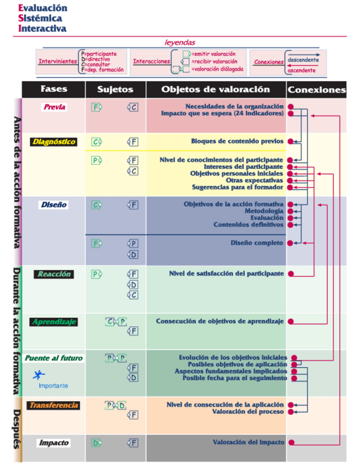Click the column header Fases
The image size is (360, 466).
tap(54, 89)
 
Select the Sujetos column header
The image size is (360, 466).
tap(115, 89)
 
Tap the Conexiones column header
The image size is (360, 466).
tap(317, 90)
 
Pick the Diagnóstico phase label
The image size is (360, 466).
tap(54, 142)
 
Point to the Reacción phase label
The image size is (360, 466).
tap(54, 274)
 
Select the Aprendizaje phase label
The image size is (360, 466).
tap(54, 321)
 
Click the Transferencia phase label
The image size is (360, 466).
tap(54, 406)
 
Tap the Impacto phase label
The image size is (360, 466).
tap(54, 442)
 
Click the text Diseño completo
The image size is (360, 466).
tap(257, 243)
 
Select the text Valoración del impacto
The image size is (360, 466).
tap(248, 442)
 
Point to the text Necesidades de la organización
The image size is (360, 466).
tap(235, 106)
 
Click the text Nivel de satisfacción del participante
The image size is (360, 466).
tap(226, 273)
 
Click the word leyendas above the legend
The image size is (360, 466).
tap(180, 42)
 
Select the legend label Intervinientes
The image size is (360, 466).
tap(57, 62)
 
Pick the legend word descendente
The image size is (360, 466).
tap(302, 59)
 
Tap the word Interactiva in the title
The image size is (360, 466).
tap(42, 29)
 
